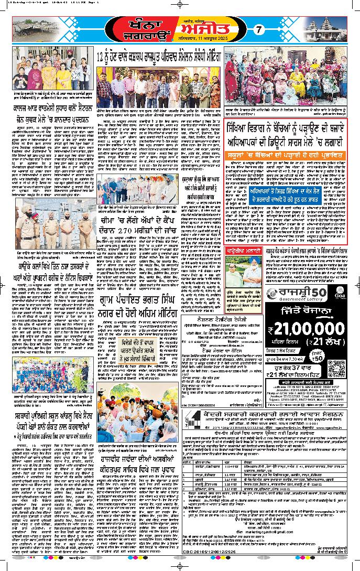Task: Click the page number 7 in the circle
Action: click(257, 30)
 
